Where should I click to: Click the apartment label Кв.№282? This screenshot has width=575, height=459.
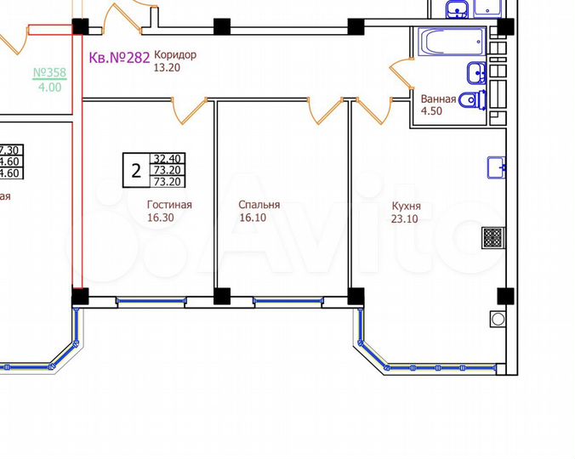pyautogui.click(x=119, y=58)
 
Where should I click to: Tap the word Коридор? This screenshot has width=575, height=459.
pyautogui.click(x=174, y=55)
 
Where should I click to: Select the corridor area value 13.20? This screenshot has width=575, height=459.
pyautogui.click(x=168, y=68)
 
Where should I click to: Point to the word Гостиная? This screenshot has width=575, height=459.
pyautogui.click(x=169, y=204)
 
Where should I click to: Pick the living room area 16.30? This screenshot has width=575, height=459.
pyautogui.click(x=162, y=217)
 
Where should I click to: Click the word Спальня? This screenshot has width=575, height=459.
pyautogui.click(x=259, y=205)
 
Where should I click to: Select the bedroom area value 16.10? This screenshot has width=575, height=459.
pyautogui.click(x=253, y=218)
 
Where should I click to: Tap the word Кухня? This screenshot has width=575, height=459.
pyautogui.click(x=407, y=206)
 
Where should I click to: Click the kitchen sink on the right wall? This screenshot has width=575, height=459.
pyautogui.click(x=497, y=168)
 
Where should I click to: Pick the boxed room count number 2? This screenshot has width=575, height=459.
pyautogui.click(x=136, y=170)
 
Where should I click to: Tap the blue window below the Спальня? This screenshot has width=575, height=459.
pyautogui.click(x=286, y=299)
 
